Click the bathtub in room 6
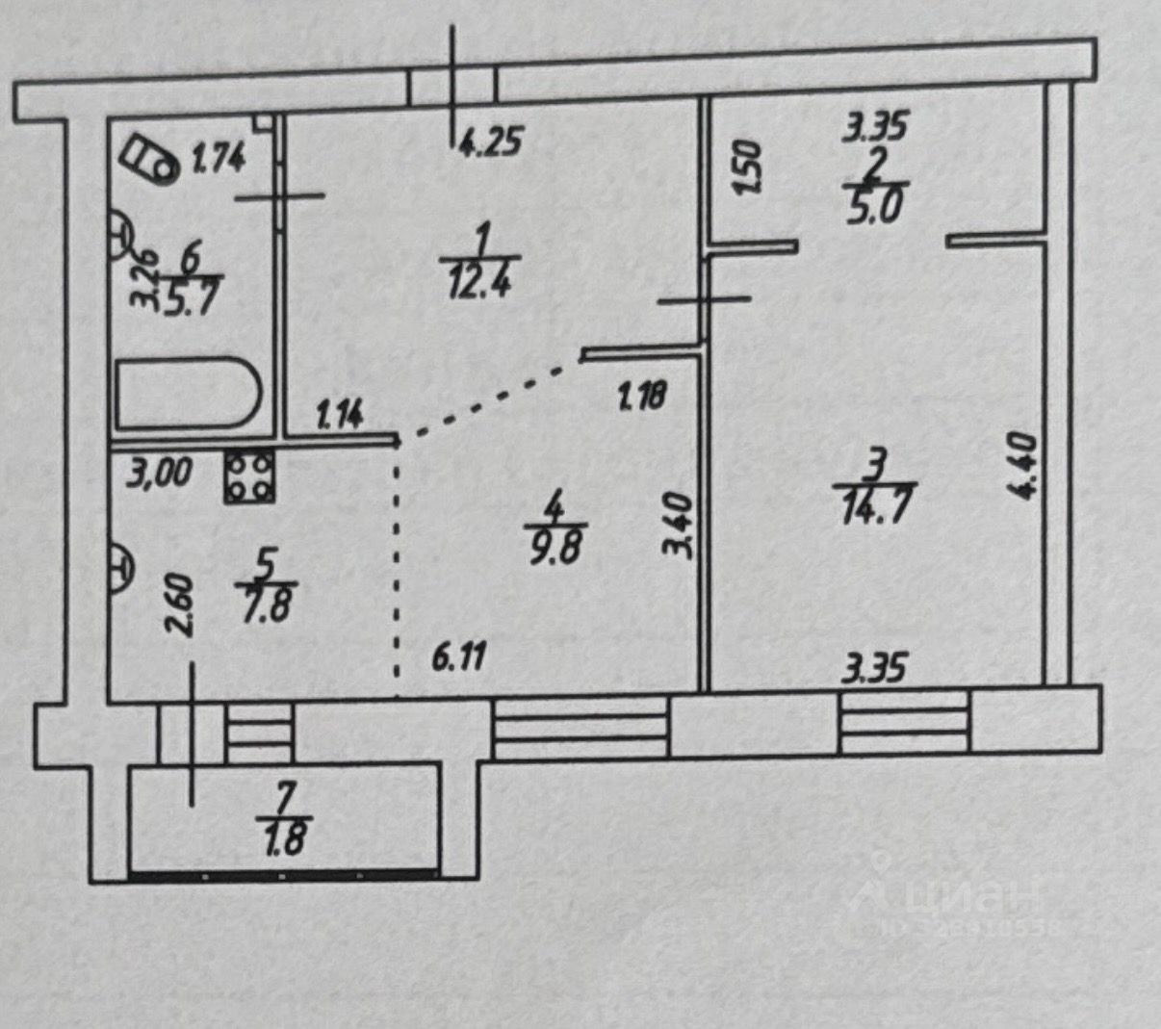(x=189, y=396)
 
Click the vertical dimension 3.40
(x=678, y=525)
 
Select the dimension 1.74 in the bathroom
(x=219, y=156)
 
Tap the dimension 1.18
(x=642, y=395)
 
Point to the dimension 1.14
(x=339, y=416)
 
